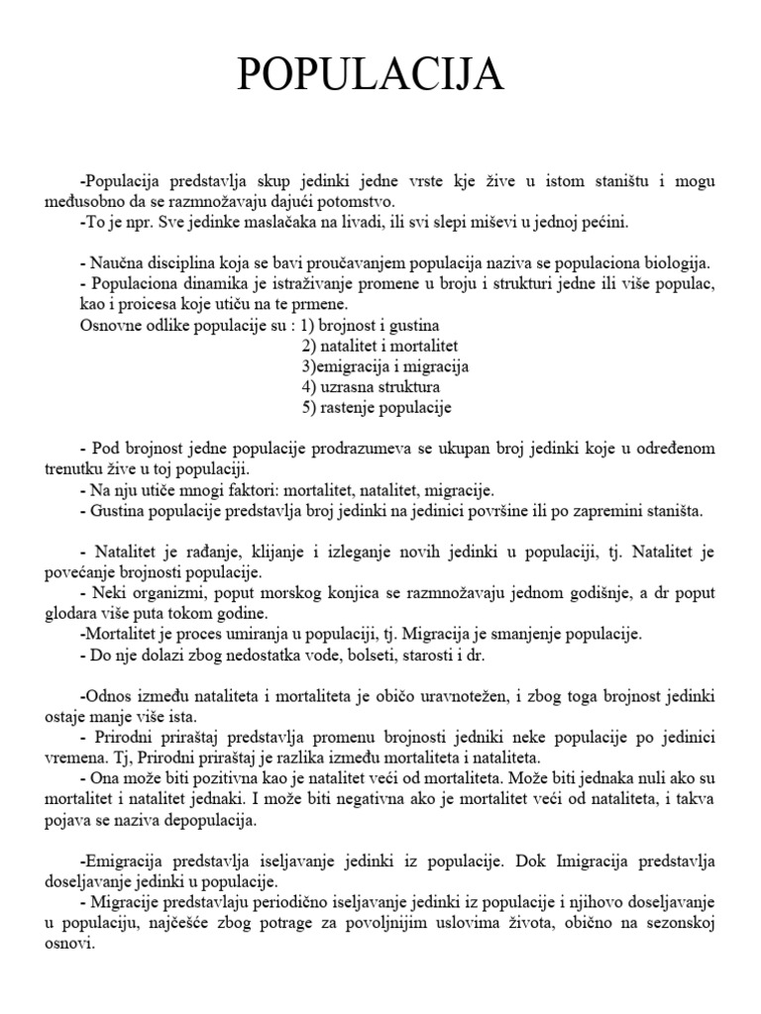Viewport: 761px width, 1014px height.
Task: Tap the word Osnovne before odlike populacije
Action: pos(108,325)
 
